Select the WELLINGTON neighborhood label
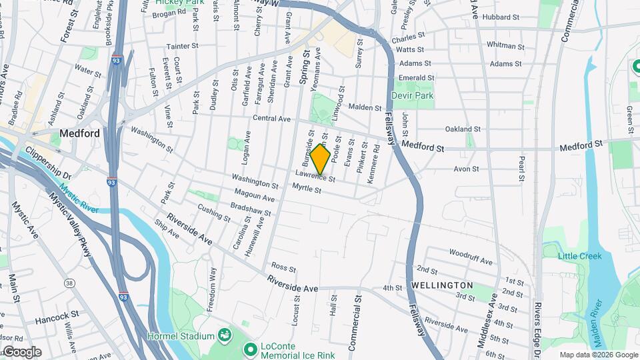click(x=442, y=285)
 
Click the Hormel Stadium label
click(x=181, y=335)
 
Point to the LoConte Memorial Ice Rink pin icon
click(x=251, y=349)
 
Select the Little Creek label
click(x=580, y=256)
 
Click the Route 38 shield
click(x=69, y=283)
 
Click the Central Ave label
click(x=272, y=119)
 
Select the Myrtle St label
click(x=309, y=190)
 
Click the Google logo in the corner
click(x=21, y=352)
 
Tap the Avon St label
click(x=466, y=169)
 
